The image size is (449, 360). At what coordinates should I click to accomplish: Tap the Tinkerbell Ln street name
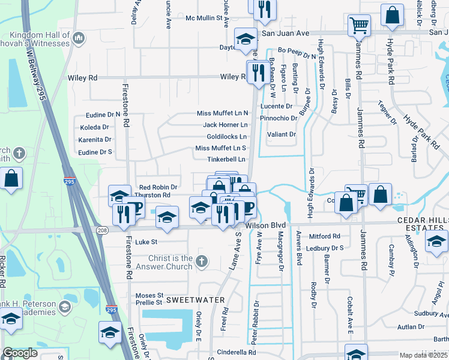[226, 160]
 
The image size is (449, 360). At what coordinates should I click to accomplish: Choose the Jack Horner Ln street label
[225, 125]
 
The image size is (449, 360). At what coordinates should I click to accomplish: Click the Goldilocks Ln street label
[227, 137]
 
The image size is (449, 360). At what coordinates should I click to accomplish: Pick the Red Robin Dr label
[158, 187]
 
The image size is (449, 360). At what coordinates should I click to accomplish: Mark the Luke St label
[146, 242]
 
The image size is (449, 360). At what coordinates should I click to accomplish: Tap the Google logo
[20, 353]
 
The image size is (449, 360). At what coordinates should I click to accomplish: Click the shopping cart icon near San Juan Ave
[359, 26]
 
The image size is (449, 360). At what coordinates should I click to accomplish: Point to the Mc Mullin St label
[204, 19]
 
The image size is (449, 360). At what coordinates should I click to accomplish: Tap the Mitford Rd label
[324, 236]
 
